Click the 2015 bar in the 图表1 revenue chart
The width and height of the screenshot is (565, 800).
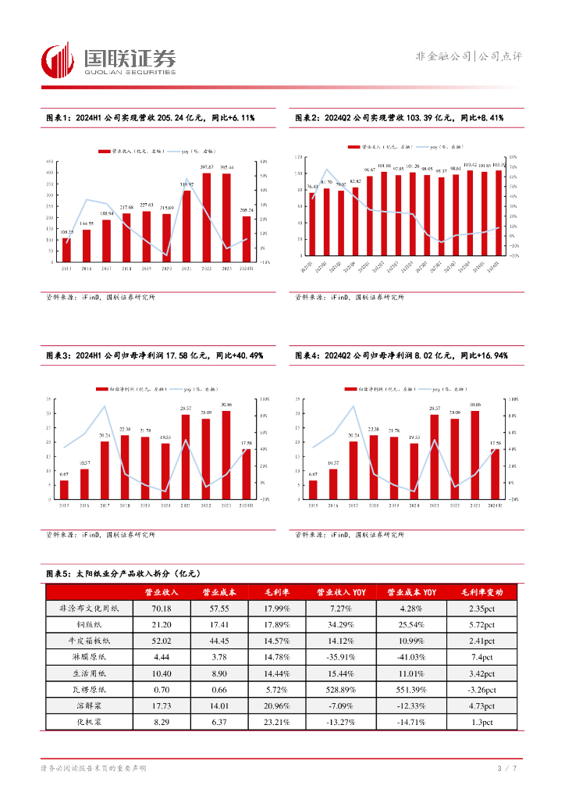[x=66, y=250]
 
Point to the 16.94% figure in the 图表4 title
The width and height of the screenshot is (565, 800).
[x=491, y=355]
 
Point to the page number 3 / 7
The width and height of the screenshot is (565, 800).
[x=508, y=770]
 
